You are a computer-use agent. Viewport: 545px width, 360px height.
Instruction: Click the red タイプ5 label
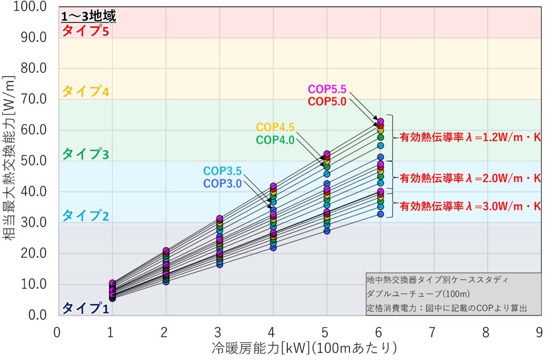(85, 31)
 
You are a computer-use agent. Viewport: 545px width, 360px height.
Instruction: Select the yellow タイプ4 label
(85, 92)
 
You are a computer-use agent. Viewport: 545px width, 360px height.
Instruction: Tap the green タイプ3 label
(85, 154)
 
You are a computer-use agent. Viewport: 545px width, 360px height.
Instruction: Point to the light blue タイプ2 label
(85, 216)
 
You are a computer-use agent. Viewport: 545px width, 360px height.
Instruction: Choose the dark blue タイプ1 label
(85, 308)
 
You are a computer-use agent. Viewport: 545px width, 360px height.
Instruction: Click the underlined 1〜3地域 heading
(88, 17)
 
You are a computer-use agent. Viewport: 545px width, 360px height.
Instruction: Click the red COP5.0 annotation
(327, 101)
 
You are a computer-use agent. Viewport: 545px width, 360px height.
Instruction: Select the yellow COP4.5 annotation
(275, 128)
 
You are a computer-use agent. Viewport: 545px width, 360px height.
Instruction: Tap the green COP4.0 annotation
(275, 140)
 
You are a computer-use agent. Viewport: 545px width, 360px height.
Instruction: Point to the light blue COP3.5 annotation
(222, 171)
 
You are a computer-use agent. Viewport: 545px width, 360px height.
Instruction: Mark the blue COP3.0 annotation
(222, 184)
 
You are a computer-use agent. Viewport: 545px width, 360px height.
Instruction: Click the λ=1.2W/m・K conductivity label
(470, 137)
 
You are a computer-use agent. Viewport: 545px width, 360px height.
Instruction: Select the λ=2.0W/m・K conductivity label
(470, 177)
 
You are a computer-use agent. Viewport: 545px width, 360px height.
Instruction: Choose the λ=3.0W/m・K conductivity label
(470, 206)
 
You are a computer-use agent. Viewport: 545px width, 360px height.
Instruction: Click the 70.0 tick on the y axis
(33, 99)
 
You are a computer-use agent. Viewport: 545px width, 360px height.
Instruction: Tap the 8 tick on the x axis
(486, 333)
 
